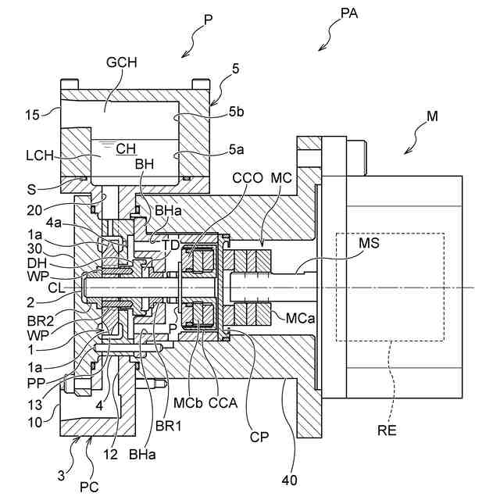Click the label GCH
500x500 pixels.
click(x=122, y=62)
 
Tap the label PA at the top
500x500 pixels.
click(x=349, y=13)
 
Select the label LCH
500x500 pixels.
click(x=40, y=155)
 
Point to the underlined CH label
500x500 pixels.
click(x=126, y=148)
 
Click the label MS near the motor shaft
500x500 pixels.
click(x=370, y=243)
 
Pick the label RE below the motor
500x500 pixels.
click(x=387, y=430)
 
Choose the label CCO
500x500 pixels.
click(x=248, y=178)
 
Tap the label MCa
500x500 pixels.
click(x=300, y=318)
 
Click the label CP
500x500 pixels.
click(x=259, y=437)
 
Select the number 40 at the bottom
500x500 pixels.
click(x=290, y=480)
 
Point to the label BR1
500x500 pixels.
click(x=169, y=426)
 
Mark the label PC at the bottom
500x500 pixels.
click(x=89, y=487)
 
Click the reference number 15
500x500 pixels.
click(x=32, y=115)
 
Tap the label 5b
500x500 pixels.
click(x=236, y=112)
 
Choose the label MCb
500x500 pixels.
click(x=187, y=403)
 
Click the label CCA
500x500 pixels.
click(x=223, y=403)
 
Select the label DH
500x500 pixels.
click(x=37, y=263)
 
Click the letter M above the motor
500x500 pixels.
click(x=432, y=116)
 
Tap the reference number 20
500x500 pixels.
click(x=34, y=210)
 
